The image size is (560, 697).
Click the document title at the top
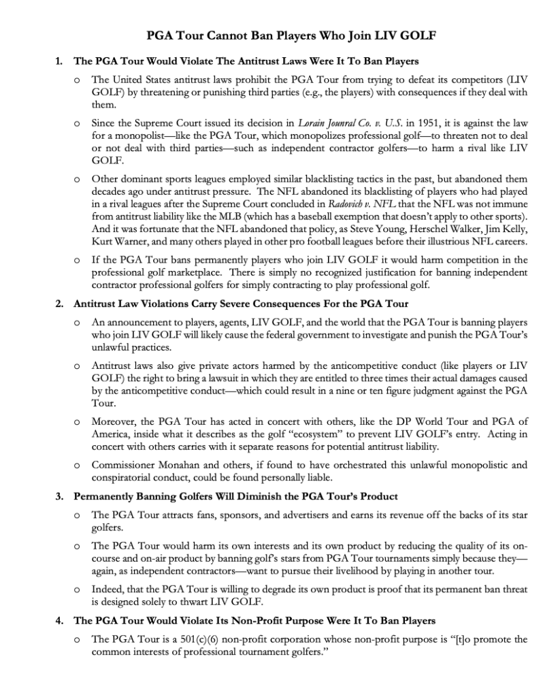coord(280,35)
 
